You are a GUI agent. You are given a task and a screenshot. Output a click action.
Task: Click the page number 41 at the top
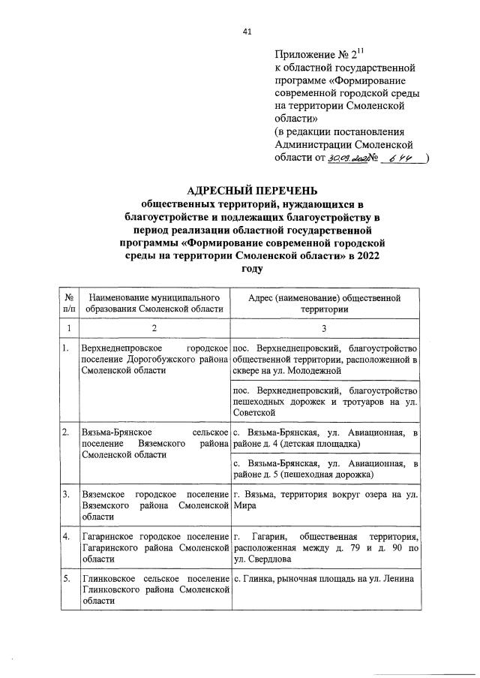247,31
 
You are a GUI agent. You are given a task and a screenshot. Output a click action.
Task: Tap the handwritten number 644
390,158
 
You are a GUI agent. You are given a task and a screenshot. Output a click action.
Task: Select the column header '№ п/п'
69,303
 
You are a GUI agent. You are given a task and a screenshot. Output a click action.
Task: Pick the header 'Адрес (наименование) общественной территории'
325,303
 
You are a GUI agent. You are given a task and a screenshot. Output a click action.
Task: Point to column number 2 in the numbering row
153,327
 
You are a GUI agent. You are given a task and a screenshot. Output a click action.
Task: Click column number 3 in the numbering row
325,327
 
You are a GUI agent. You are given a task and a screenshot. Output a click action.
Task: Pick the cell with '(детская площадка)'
325,438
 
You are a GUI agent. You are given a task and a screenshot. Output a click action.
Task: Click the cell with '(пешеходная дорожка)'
325,469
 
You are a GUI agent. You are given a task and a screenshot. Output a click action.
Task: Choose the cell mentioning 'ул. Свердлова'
325,547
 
